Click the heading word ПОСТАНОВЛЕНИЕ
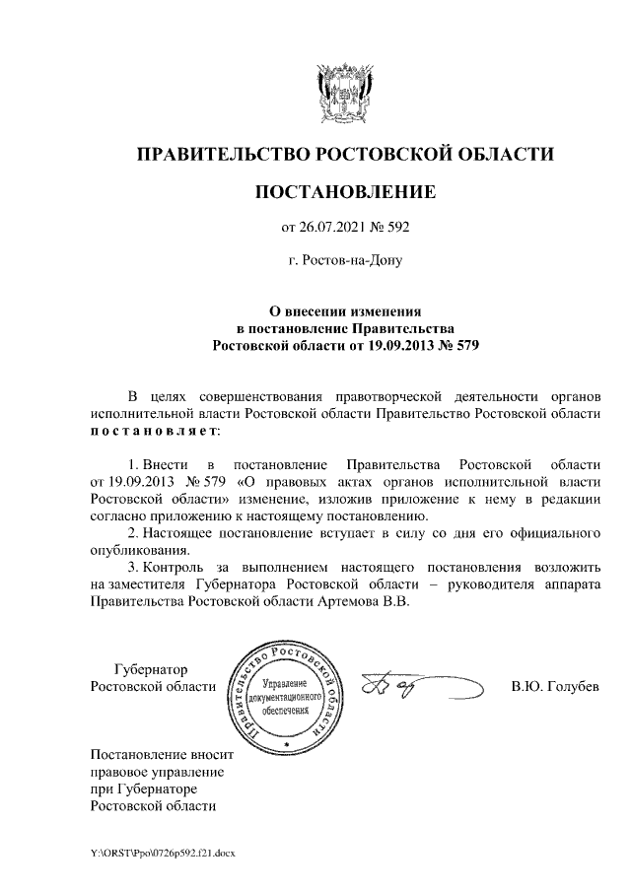(345, 191)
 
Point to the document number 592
(395, 229)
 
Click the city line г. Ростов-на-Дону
(344, 262)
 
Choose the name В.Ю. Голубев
(554, 686)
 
